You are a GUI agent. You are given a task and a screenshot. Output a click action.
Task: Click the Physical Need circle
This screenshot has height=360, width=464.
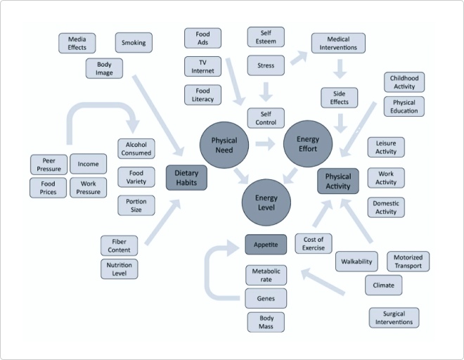224,145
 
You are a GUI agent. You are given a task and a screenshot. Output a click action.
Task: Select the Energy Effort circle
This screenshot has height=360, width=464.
307,144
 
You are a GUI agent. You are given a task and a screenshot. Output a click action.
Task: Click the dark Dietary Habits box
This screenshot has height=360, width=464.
186,178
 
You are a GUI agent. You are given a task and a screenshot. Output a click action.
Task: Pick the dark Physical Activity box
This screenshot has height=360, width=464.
338,180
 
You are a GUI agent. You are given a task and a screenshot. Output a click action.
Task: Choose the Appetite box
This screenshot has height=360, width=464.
266,245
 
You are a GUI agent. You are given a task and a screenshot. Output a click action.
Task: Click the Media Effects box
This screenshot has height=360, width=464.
77,43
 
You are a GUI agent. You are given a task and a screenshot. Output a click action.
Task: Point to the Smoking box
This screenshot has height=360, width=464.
134,43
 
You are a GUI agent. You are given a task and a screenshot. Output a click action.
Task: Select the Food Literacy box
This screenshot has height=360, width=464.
202,95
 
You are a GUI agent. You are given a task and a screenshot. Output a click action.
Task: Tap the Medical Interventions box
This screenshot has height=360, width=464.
338,43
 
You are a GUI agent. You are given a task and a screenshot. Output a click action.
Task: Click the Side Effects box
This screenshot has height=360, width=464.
339,98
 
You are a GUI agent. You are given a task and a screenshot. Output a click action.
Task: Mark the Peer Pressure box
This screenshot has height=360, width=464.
49,165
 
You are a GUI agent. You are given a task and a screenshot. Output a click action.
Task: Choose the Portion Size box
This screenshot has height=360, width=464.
136,205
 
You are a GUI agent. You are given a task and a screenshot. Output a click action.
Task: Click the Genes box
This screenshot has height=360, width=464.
266,298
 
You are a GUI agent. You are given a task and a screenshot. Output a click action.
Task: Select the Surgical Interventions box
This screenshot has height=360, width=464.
394,318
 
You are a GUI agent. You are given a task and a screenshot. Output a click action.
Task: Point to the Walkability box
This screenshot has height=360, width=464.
356,261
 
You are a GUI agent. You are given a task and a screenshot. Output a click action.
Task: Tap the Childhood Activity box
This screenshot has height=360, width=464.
404,82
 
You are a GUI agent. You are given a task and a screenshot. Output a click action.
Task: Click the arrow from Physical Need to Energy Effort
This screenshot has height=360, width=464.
265,145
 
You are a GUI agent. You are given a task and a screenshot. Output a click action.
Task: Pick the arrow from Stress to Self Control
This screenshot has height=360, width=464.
266,91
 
